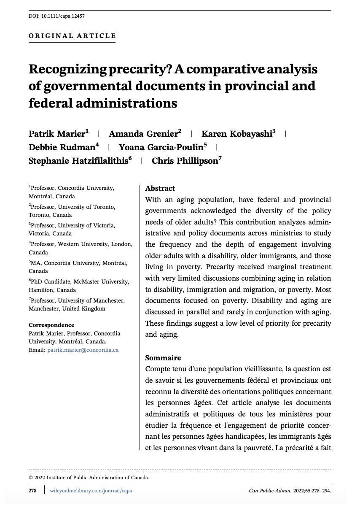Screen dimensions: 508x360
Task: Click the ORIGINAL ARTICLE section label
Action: point(72,36)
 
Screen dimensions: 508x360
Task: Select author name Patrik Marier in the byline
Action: point(57,134)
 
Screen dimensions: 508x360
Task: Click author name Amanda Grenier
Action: point(143,134)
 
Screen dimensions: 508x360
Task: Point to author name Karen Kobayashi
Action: point(237,134)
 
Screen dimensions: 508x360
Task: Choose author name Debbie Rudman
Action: point(62,147)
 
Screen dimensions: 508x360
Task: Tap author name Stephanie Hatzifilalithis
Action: point(78,161)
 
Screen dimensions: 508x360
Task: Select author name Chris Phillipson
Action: point(185,161)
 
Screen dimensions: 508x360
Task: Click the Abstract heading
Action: point(160,188)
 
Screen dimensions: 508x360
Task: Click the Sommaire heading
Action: point(163,358)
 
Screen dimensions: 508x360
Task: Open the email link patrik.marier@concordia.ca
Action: point(83,350)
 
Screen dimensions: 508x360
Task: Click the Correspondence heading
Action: point(51,325)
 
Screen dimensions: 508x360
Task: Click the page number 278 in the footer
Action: point(33,491)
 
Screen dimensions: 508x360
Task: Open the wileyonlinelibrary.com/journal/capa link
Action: point(94,491)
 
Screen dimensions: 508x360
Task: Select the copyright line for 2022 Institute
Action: point(89,478)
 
